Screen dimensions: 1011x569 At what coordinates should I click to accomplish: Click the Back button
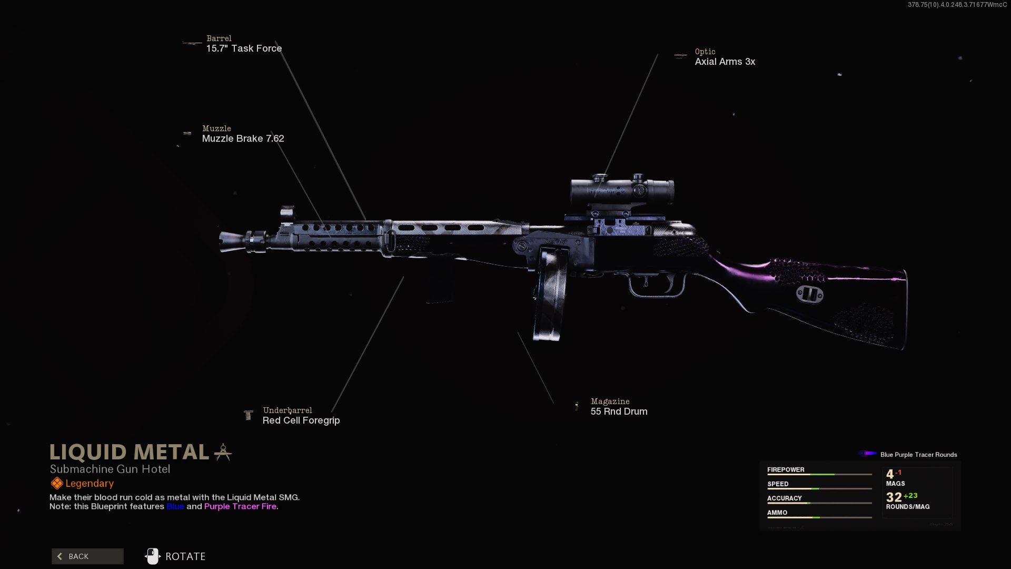[87, 556]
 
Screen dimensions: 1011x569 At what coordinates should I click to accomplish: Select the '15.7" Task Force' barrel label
[244, 48]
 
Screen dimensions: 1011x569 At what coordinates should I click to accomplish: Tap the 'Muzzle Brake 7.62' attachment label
[243, 139]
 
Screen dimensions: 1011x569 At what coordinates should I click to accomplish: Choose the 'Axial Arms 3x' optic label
[725, 62]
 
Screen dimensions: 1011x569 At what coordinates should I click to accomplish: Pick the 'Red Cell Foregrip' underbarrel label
[301, 420]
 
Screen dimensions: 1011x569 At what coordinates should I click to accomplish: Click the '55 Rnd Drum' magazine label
[619, 411]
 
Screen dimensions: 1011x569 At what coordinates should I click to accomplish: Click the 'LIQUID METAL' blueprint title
[130, 452]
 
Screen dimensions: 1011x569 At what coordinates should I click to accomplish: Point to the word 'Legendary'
[90, 484]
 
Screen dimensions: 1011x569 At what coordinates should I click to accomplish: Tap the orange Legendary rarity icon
[57, 483]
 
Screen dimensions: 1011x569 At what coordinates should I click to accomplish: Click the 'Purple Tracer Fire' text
[240, 506]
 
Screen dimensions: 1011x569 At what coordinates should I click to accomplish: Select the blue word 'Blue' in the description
[175, 506]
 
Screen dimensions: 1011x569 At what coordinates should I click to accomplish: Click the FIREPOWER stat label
[786, 470]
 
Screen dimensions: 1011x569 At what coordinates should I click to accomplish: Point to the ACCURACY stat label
[785, 498]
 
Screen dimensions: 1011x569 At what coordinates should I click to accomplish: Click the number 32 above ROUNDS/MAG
[894, 497]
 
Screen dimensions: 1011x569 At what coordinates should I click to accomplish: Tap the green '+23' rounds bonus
[910, 496]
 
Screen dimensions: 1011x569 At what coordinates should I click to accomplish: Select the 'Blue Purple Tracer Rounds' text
[919, 455]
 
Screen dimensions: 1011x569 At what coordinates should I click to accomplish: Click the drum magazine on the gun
[551, 292]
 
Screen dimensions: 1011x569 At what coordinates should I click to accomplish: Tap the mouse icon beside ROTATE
[153, 556]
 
